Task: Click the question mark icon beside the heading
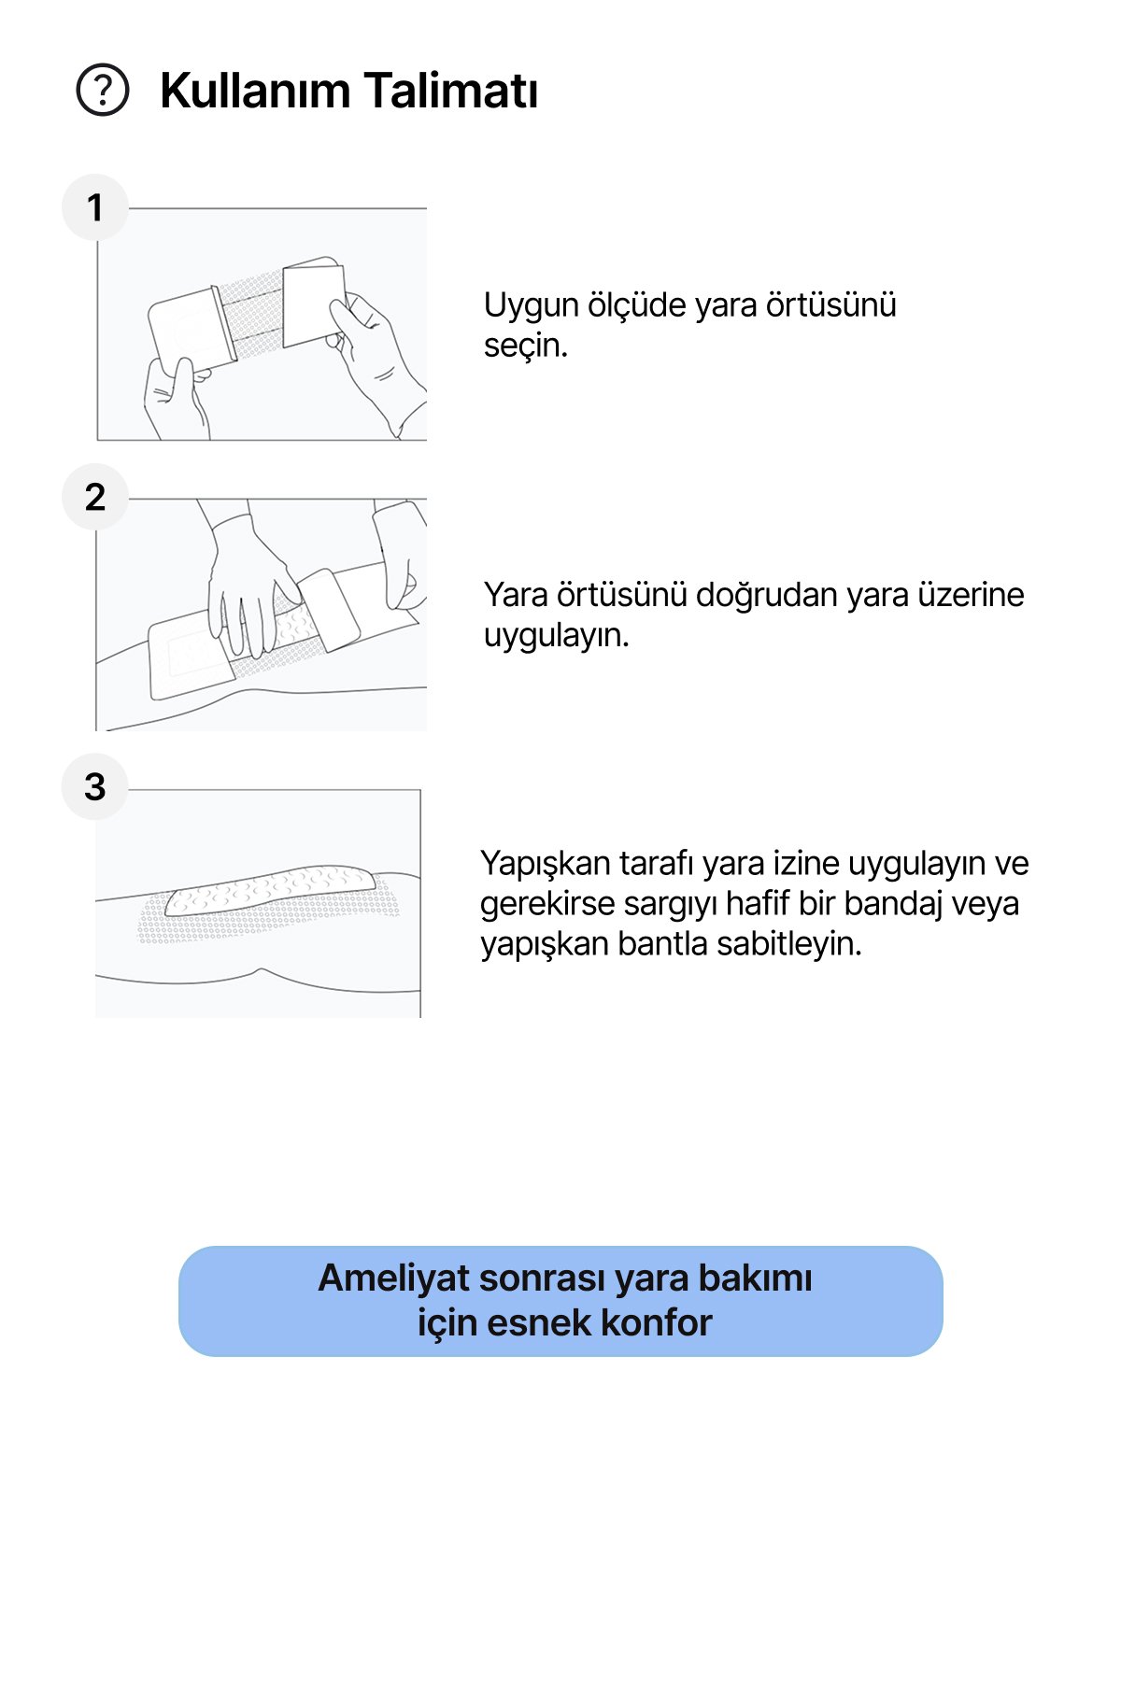point(103,91)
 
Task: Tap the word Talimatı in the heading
point(450,92)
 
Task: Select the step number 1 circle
point(94,207)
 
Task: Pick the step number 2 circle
point(94,497)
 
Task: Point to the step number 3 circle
point(94,786)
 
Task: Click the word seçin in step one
point(525,346)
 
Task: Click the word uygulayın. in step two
point(556,636)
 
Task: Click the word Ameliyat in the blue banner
point(392,1278)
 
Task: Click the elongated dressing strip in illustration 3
point(271,891)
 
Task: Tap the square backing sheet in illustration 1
point(313,304)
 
